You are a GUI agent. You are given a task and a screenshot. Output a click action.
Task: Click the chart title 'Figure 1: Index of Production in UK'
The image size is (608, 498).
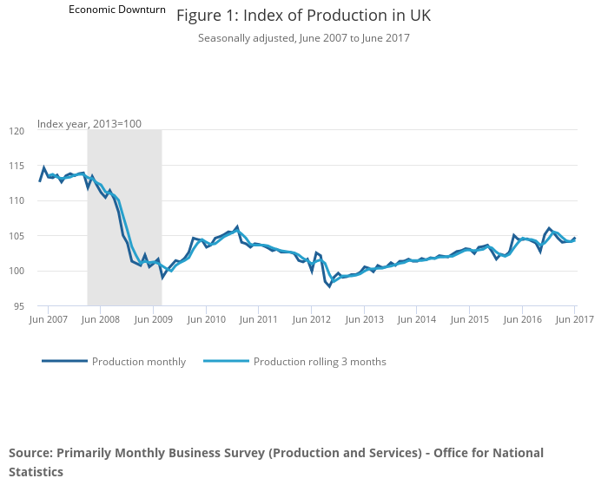click(303, 16)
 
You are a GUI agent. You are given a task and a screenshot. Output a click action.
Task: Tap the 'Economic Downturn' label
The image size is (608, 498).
click(116, 10)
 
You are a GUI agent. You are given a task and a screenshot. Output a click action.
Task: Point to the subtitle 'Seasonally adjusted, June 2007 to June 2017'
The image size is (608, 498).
click(303, 38)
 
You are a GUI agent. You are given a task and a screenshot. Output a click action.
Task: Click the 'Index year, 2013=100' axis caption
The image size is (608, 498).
click(89, 124)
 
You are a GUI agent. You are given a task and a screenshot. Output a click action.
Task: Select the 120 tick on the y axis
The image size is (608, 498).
click(17, 131)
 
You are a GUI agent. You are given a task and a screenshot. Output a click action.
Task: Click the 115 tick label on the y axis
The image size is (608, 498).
click(17, 166)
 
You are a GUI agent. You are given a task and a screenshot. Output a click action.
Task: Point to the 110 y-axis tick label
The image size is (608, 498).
click(17, 201)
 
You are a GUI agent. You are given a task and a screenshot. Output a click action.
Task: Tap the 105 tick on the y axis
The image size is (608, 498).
click(17, 236)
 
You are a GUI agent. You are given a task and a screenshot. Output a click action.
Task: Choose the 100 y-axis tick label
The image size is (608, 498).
click(17, 272)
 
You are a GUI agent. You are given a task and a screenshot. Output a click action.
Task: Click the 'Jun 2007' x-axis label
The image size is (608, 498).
click(48, 320)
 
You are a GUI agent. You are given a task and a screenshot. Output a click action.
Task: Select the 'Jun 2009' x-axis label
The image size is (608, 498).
click(153, 320)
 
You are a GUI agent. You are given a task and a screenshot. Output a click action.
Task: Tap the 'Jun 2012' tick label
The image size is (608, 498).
click(311, 320)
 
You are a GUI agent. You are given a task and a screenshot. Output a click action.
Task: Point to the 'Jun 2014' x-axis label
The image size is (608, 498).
click(417, 320)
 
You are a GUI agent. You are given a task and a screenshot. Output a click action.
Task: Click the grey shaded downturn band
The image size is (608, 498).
click(124, 217)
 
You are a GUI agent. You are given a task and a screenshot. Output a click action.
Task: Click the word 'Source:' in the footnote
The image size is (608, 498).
click(30, 453)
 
